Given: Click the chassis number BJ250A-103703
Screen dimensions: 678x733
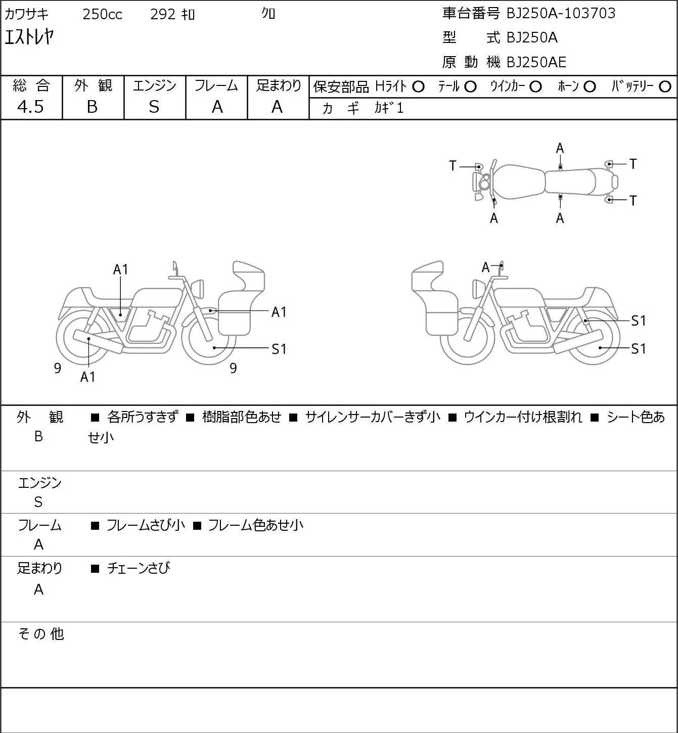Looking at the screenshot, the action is [561, 13].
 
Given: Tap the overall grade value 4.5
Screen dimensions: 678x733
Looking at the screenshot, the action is [30, 107].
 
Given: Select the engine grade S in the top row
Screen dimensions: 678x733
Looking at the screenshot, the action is [154, 107].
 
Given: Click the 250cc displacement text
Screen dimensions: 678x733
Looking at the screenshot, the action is [102, 14].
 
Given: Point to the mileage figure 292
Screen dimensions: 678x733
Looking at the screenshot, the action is [162, 14].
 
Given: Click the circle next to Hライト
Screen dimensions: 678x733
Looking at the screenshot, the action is [418, 86].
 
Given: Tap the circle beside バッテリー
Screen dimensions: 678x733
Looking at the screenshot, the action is [665, 86].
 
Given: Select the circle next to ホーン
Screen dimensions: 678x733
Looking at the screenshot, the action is [590, 86].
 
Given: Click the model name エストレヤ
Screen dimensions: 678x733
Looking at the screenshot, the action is [29, 37].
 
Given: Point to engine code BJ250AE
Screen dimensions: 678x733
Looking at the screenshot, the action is [536, 62].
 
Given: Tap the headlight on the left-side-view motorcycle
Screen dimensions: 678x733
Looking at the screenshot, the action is [198, 289].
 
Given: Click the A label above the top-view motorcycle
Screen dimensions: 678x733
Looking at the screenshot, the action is [560, 149].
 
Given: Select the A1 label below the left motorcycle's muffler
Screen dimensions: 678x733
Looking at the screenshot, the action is [87, 377].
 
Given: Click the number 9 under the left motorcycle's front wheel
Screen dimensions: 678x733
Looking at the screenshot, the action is [233, 368].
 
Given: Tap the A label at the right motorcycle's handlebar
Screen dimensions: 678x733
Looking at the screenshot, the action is [486, 267].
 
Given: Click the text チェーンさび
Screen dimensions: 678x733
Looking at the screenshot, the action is [139, 568].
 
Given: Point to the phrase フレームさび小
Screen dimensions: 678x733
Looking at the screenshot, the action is [146, 525].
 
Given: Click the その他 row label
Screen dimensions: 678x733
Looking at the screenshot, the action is [41, 634].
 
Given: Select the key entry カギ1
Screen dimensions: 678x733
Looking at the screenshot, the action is [389, 108].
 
